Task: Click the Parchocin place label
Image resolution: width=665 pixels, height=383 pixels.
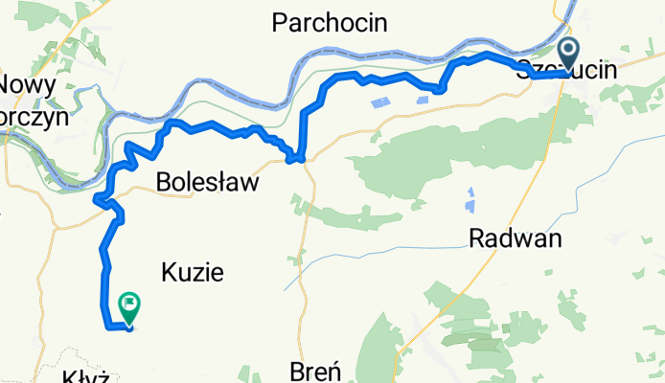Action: tap(330, 22)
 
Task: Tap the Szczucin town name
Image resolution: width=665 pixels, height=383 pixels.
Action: tap(565, 70)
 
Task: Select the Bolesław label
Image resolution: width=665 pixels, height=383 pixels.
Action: tap(207, 182)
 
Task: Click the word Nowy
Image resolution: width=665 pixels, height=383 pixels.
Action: tap(27, 83)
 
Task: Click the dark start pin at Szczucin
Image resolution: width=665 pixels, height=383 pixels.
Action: tap(568, 54)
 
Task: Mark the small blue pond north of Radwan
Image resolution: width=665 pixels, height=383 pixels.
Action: tap(470, 201)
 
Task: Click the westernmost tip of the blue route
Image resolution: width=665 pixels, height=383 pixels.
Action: tap(95, 199)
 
